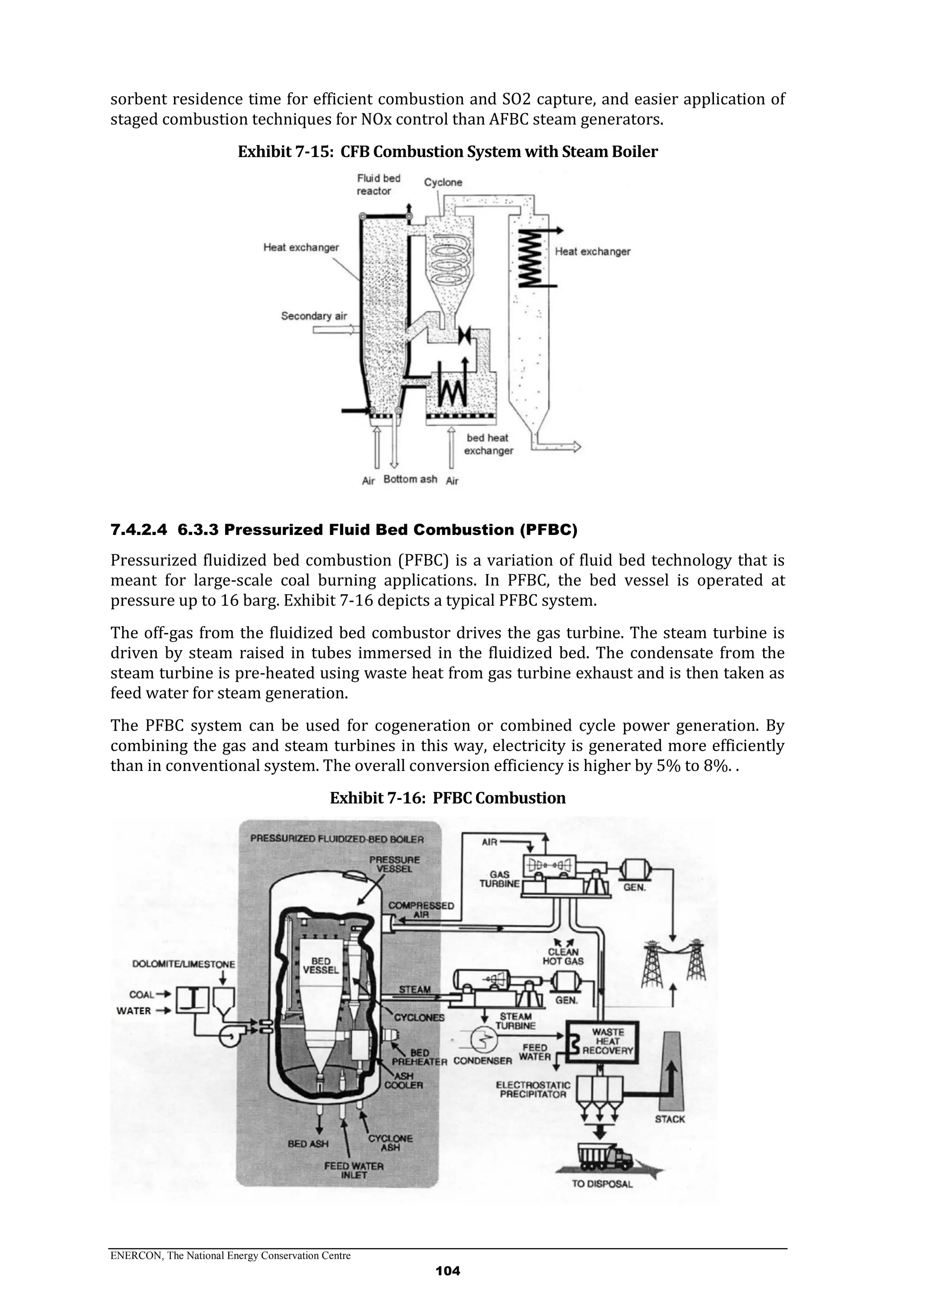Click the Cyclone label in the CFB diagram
pos(443,183)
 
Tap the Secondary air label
pos(314,316)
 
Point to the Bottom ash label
pos(410,479)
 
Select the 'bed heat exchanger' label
pos(488,445)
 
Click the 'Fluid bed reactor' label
pos(378,184)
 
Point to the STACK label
pos(669,1120)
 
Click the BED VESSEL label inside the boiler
pos(321,966)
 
